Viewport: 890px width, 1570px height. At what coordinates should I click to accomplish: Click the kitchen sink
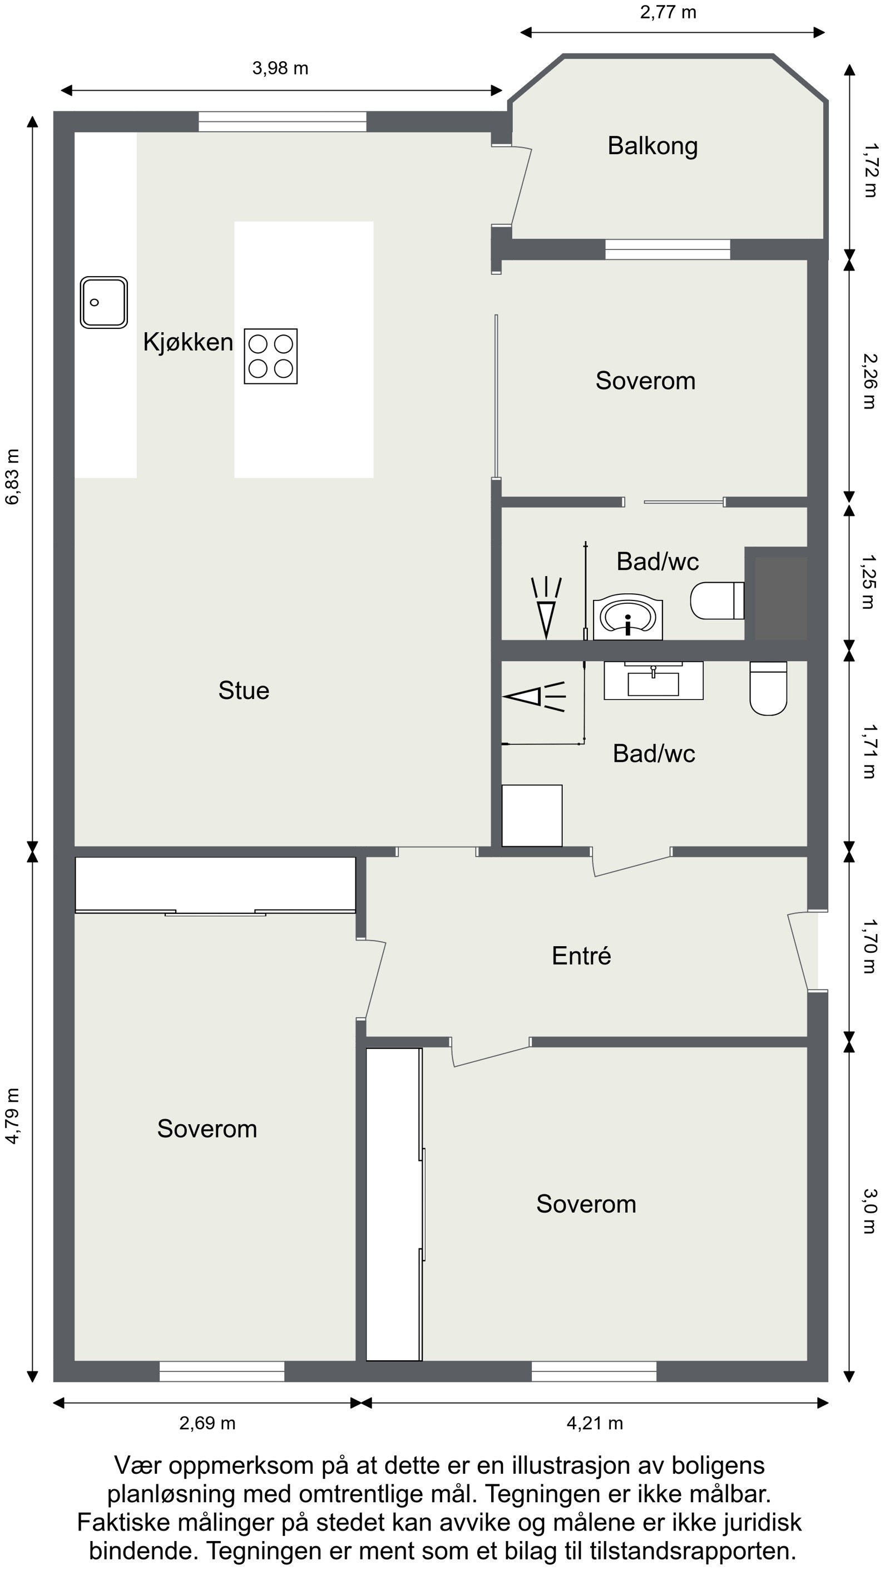[104, 302]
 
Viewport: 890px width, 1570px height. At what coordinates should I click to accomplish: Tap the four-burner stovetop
[271, 356]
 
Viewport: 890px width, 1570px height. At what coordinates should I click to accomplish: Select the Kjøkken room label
[188, 342]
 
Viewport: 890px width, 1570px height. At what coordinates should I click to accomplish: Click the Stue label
[244, 691]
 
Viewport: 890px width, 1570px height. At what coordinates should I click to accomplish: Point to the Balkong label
[652, 146]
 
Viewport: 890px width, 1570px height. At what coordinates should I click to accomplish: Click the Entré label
[581, 956]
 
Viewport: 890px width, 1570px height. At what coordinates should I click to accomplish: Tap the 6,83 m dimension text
[13, 476]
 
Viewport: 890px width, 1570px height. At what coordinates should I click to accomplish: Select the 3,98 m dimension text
[280, 68]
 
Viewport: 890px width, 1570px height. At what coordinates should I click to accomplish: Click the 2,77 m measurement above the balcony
[668, 12]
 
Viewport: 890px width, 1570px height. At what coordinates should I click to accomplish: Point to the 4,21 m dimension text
[595, 1423]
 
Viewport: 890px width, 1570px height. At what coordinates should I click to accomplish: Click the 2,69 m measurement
[207, 1423]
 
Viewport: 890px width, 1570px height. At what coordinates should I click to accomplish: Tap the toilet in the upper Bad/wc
[717, 600]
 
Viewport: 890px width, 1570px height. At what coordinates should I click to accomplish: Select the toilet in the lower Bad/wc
[768, 688]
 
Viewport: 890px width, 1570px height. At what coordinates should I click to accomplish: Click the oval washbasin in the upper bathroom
[628, 617]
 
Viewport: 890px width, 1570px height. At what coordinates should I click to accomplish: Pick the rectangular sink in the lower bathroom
[654, 680]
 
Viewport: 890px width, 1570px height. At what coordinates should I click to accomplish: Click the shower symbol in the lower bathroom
[534, 696]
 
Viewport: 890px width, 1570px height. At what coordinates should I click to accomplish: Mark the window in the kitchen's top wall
[283, 122]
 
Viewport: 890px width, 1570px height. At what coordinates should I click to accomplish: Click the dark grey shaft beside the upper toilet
[777, 594]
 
